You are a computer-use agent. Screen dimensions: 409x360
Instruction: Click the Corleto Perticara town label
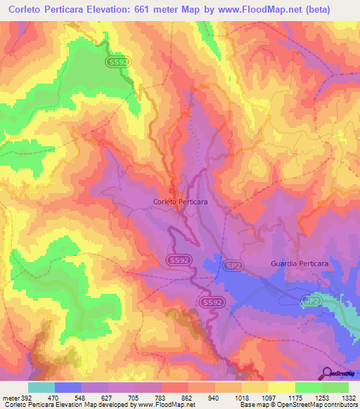click(x=180, y=202)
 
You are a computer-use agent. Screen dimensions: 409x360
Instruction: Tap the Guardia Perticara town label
click(x=299, y=264)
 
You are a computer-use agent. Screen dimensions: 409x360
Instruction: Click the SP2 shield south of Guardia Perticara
click(x=311, y=300)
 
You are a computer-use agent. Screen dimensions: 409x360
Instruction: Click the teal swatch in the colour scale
click(x=41, y=387)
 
